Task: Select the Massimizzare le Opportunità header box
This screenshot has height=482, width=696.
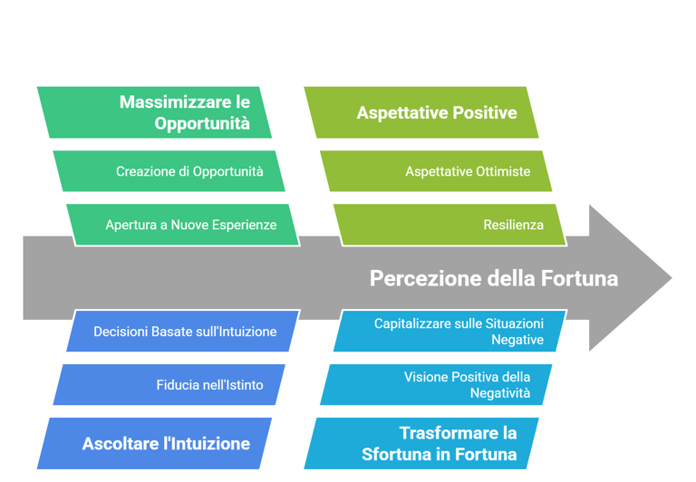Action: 154,112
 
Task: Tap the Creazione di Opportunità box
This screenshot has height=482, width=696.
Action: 169,171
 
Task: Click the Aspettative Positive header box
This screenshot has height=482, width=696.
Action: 421,112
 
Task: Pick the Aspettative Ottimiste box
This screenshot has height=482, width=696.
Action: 436,171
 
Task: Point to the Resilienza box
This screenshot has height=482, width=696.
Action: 449,224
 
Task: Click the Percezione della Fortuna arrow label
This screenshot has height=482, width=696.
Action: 494,278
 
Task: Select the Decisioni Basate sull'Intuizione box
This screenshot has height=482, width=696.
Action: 182,332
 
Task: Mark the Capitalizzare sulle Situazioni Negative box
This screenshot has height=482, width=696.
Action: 449,332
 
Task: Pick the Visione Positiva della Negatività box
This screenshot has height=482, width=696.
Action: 436,385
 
